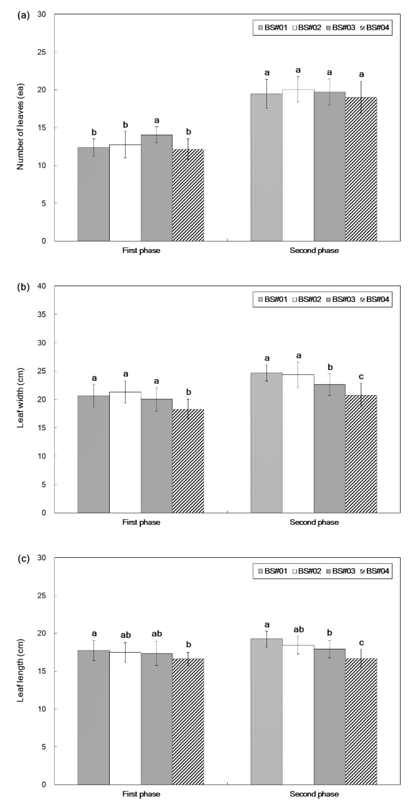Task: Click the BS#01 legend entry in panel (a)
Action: click(273, 28)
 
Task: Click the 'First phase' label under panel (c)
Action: click(141, 794)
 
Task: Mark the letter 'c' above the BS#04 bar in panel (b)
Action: click(361, 376)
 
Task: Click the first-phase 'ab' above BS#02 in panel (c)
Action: click(125, 635)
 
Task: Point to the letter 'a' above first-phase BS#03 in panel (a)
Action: click(157, 121)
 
